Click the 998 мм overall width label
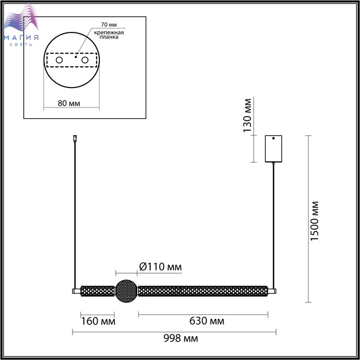coord(181,338)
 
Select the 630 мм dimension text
coord(207,321)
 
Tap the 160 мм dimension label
coord(98,321)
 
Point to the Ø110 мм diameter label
coord(160,267)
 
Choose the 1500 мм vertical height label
coord(315,221)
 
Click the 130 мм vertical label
coord(247,116)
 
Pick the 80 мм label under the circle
coord(69,103)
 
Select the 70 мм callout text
coord(109,25)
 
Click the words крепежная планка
coord(109,34)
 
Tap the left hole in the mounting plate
coord(59,60)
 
